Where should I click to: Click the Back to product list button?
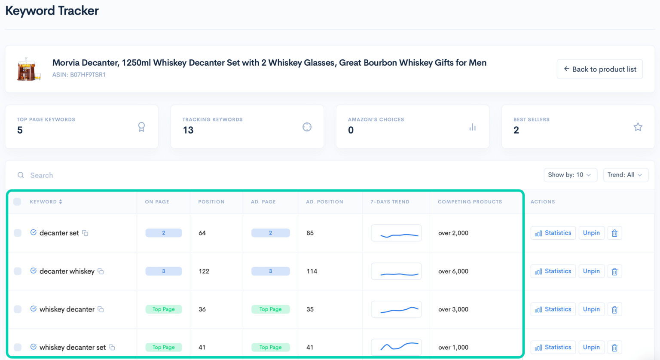(599, 69)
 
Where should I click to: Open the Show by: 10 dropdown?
(570, 175)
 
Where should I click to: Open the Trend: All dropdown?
(625, 175)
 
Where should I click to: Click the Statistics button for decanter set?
(553, 233)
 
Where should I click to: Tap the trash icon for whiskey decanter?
(614, 310)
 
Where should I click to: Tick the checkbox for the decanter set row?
(18, 233)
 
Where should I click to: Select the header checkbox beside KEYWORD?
(17, 202)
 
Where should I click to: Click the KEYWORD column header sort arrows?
(61, 202)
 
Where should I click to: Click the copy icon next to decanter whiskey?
(101, 272)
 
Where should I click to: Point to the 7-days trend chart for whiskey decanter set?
(396, 347)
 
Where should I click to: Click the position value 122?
(204, 272)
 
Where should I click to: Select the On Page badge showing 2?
(164, 233)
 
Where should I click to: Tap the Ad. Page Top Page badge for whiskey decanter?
(270, 309)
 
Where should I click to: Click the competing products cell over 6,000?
(453, 272)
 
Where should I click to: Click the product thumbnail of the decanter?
(29, 69)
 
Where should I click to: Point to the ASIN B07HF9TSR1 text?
(79, 75)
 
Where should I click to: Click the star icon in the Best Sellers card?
(638, 127)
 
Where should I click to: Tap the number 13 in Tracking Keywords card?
(188, 130)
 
